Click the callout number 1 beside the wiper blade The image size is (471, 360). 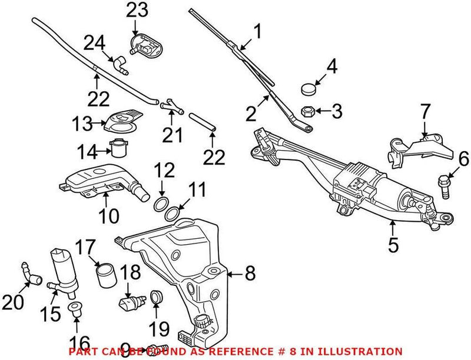coord(257,30)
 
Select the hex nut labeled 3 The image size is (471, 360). coord(307,110)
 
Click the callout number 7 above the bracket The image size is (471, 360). coord(425,112)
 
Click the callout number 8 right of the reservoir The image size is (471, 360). coord(250,274)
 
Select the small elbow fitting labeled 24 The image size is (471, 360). coord(121,63)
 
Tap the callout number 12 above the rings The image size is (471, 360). coord(165,171)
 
